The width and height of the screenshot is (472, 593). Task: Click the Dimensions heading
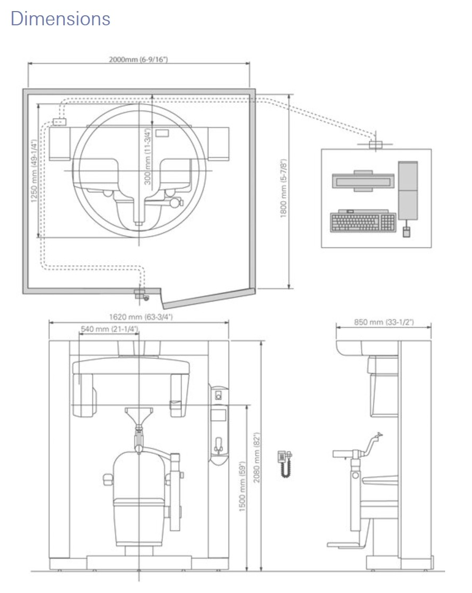60,18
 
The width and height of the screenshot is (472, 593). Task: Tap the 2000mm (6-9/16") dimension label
138,60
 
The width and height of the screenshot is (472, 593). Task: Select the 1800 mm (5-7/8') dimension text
284,188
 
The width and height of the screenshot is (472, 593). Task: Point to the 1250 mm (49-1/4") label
34,171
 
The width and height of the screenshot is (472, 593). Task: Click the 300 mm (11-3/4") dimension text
148,157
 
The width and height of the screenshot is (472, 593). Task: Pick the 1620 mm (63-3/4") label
141,317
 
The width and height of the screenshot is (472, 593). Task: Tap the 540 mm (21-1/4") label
109,328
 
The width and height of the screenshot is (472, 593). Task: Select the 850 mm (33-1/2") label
384,322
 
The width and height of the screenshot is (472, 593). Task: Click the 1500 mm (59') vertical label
242,487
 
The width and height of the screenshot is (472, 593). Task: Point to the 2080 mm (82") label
257,457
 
